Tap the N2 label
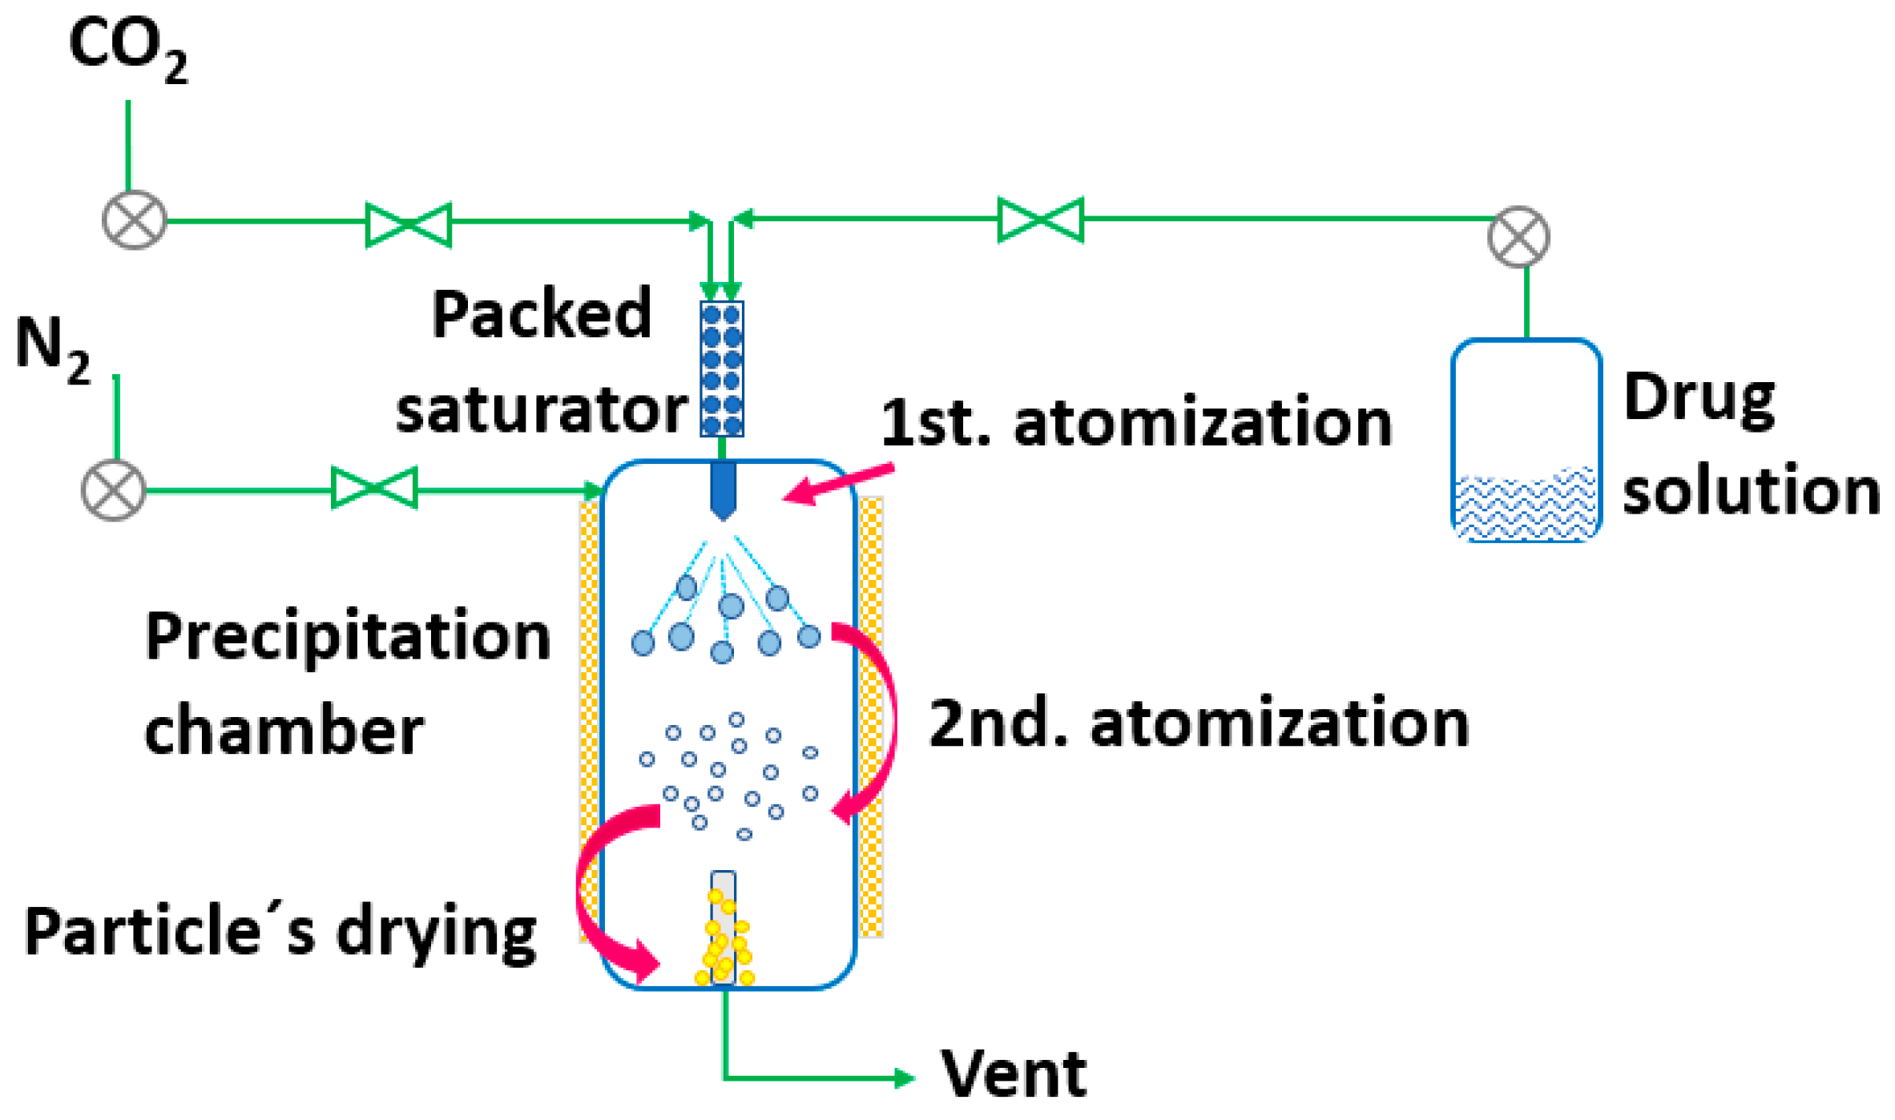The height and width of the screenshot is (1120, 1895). pyautogui.click(x=53, y=349)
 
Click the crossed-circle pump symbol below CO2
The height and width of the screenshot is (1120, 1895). pyautogui.click(x=135, y=220)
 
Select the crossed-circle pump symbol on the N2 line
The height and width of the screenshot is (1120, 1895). pyautogui.click(x=114, y=490)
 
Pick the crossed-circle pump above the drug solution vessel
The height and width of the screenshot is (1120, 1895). pyautogui.click(x=1518, y=237)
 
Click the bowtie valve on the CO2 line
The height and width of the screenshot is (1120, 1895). pyautogui.click(x=409, y=224)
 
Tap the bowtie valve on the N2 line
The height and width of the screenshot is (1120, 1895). pyautogui.click(x=374, y=487)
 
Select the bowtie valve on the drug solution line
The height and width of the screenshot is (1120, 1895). pyautogui.click(x=1041, y=220)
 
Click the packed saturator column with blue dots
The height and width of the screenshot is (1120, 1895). pyautogui.click(x=722, y=369)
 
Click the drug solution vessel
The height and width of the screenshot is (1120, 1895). pyautogui.click(x=1526, y=441)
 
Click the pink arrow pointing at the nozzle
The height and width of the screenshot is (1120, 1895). pyautogui.click(x=837, y=484)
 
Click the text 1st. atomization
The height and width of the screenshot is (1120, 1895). pyautogui.click(x=1136, y=423)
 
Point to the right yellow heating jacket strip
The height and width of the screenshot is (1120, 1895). pyautogui.click(x=871, y=717)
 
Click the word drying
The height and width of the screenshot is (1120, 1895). pyautogui.click(x=436, y=933)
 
